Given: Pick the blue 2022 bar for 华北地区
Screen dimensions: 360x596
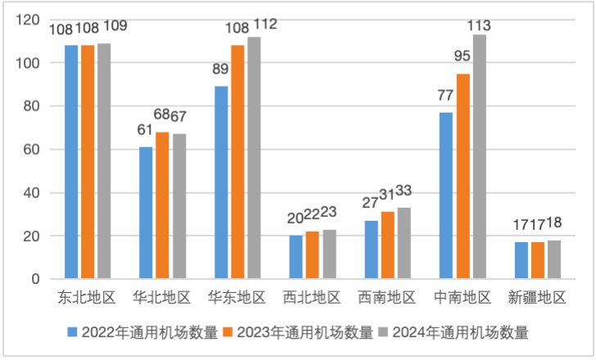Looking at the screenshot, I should pos(146,213).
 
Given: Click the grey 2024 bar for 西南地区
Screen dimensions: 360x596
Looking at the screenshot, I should pos(404,243).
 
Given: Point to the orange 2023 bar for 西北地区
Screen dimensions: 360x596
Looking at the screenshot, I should pos(313,255).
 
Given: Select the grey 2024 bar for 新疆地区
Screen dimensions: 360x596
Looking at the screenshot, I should pos(554,259).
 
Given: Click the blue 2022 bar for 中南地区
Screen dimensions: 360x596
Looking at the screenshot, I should pos(446,196).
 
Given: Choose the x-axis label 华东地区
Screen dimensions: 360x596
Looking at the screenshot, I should pos(237,296).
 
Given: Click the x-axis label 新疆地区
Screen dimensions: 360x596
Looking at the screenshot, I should pos(538,296).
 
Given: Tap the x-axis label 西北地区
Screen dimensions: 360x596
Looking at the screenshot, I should pos(313,296).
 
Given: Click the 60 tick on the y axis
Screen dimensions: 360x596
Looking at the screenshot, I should pos(32,150).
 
